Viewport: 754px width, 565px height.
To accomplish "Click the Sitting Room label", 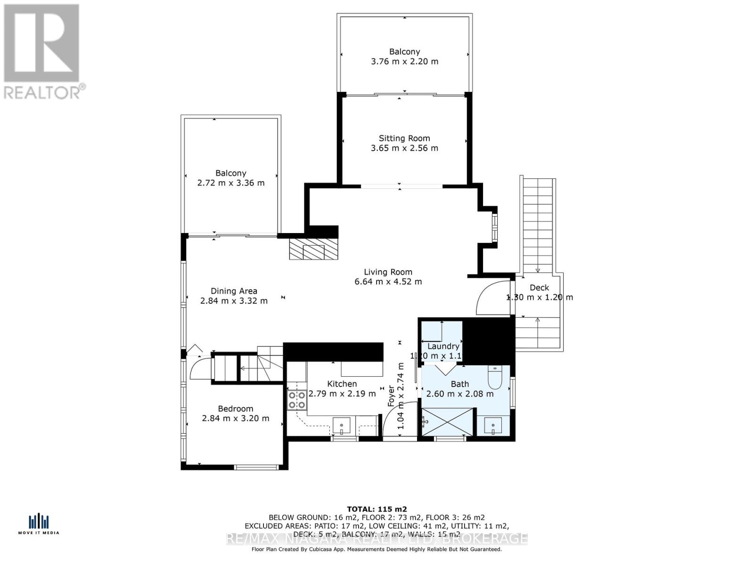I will tap(404, 138).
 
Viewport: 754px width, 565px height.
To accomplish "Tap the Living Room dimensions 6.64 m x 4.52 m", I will tap(388, 282).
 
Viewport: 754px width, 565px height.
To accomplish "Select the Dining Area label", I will tap(234, 291).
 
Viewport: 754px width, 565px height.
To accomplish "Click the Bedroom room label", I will tap(235, 409).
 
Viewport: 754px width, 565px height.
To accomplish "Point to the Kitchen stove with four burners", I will tap(297, 400).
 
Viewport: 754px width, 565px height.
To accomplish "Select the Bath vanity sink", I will tap(493, 426).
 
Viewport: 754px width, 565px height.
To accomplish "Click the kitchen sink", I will tap(341, 426).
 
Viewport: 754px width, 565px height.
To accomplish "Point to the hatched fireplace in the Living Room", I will tap(313, 250).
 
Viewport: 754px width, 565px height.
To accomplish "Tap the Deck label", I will tap(539, 288).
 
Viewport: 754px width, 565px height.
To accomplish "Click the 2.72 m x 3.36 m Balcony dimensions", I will tap(231, 183).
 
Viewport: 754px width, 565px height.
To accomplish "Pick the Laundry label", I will tap(443, 347).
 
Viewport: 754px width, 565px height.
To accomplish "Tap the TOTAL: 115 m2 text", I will tap(377, 509).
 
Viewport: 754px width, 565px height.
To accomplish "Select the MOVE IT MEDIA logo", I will tap(39, 524).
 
